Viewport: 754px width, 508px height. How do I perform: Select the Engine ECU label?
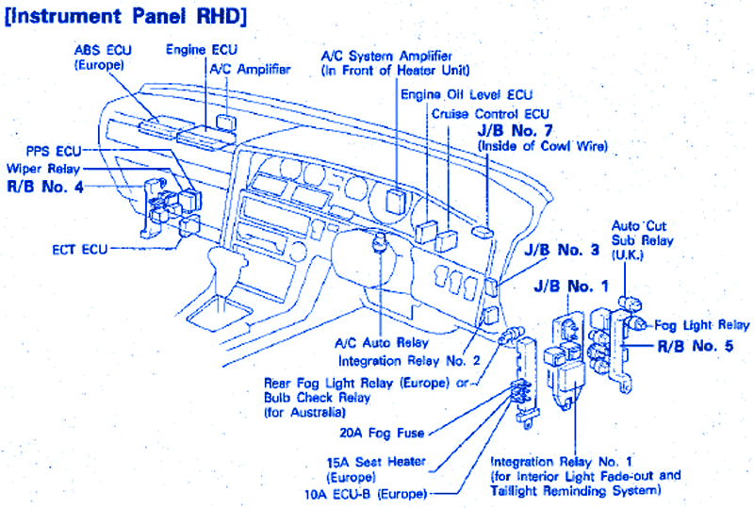[x=202, y=48]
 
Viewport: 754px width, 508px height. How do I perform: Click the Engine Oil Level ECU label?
[x=467, y=95]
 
